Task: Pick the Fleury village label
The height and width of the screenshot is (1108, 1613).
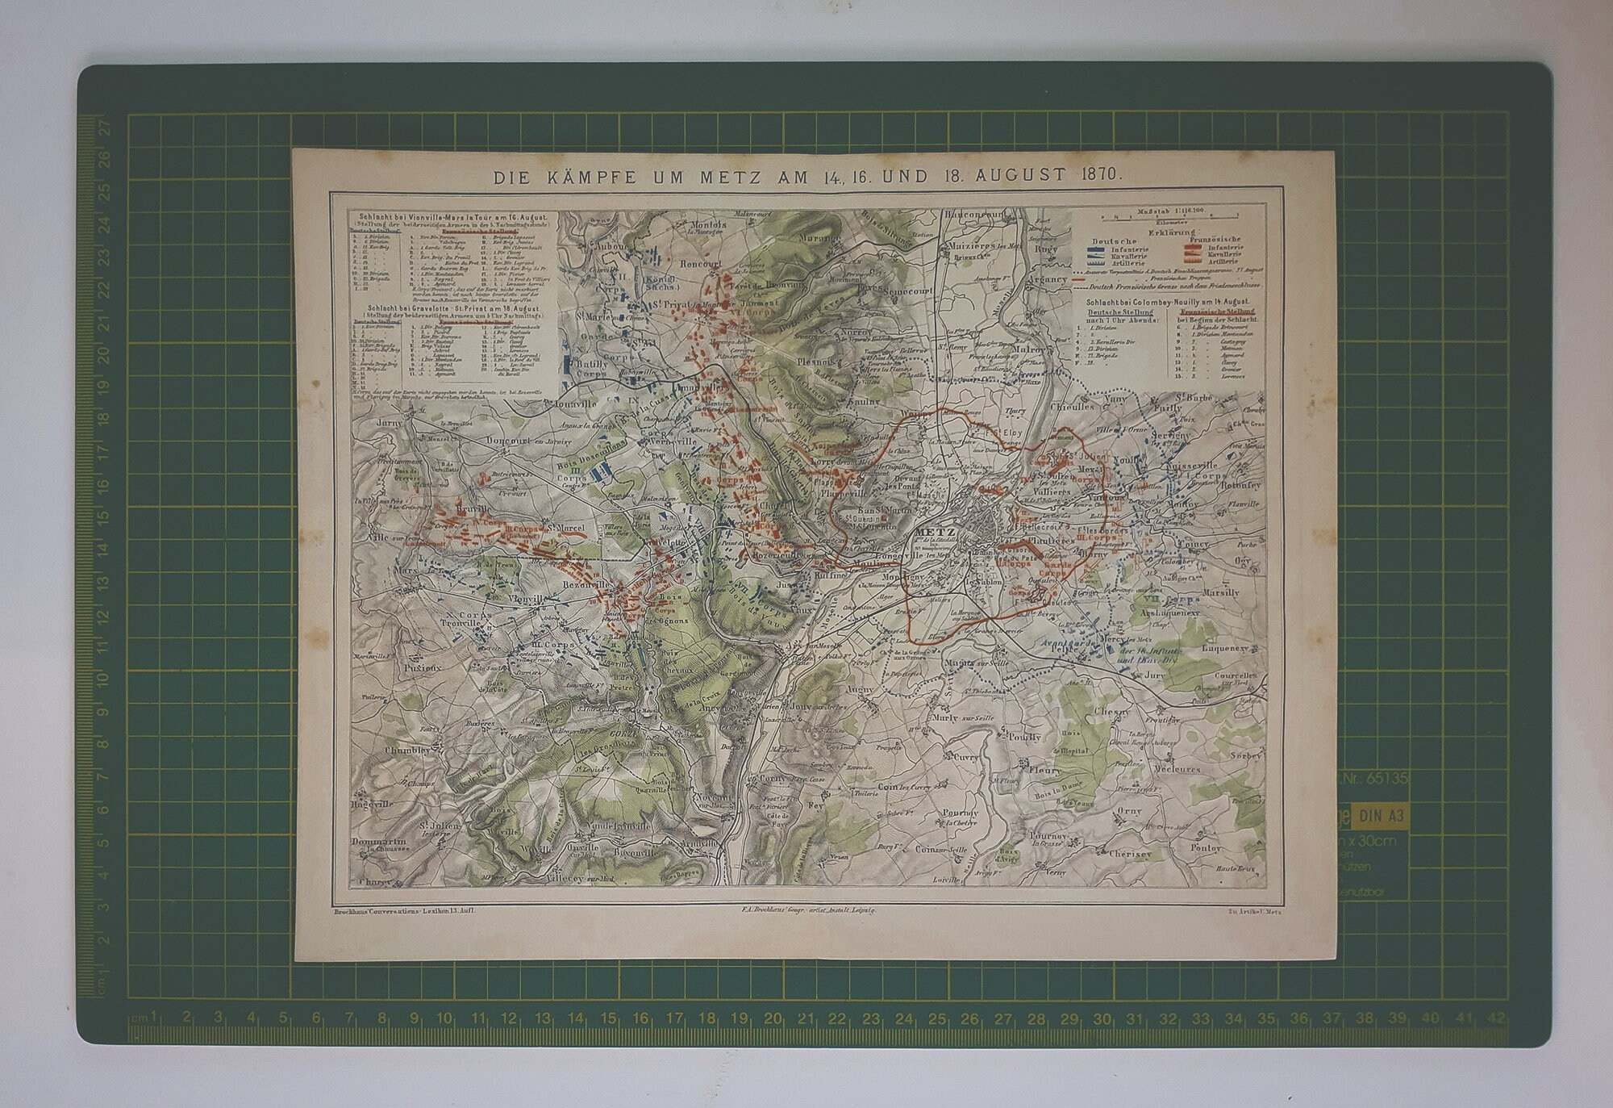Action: [x=1046, y=770]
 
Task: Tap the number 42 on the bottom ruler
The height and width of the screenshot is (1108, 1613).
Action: [x=1497, y=1018]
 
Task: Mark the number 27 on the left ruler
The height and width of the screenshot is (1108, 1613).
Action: [x=103, y=126]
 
